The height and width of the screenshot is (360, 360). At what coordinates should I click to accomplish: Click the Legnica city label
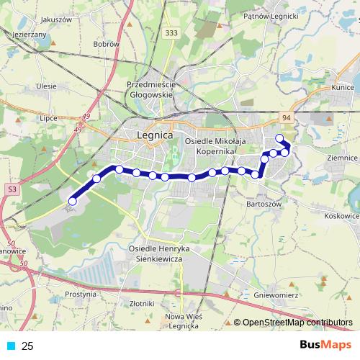coord(154,135)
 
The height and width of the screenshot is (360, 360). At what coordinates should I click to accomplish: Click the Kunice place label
coord(342,87)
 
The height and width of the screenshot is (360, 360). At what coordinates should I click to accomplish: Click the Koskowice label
coord(341,215)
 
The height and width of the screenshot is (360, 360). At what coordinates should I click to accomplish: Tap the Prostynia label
coord(80,294)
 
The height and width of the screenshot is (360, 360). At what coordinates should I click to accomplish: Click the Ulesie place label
coord(45,86)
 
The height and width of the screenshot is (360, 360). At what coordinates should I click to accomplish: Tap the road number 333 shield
coord(171,33)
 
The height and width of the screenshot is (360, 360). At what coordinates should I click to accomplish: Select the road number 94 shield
coord(287,117)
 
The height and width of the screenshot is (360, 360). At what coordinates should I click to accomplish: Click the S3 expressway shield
coord(12,189)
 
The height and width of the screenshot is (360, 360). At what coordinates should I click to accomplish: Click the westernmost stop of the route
coord(72,202)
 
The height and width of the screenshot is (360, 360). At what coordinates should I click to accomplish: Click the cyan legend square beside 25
coord(12,346)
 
